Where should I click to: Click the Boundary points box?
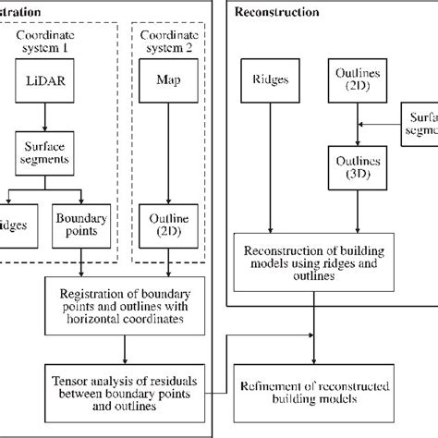(81, 224)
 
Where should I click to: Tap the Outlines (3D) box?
(354, 167)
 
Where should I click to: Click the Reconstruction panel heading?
(277, 12)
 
